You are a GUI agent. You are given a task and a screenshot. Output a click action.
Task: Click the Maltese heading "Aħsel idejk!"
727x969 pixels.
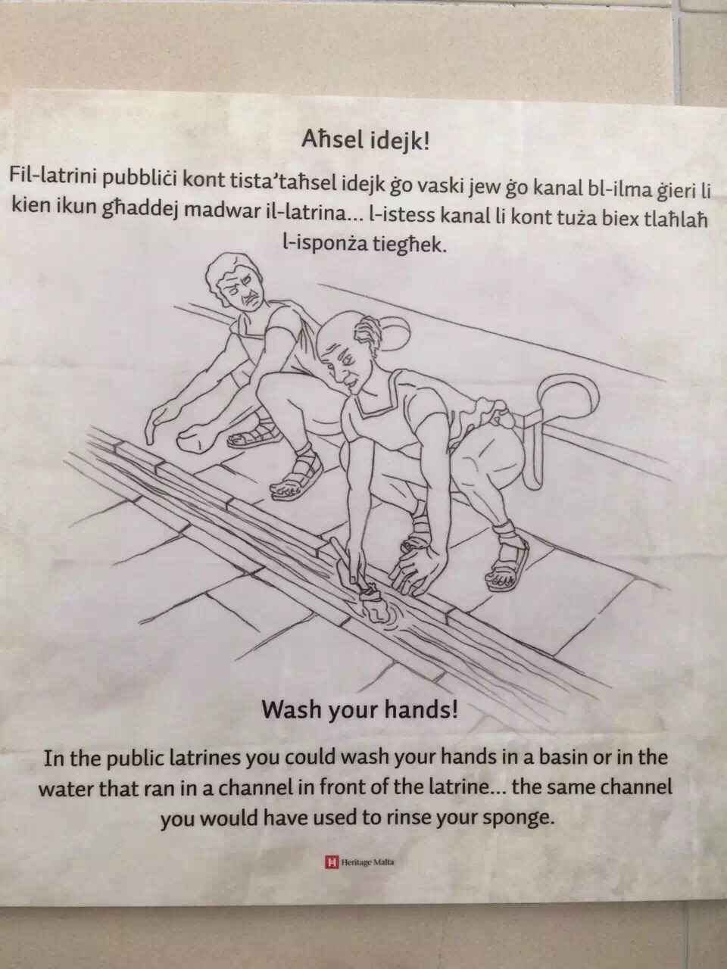pos(364,142)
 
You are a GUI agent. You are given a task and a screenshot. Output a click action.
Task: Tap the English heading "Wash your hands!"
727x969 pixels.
pos(359,710)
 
